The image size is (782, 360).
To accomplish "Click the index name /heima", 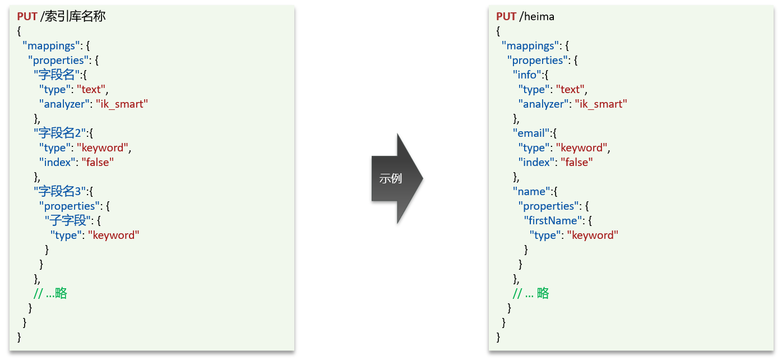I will (537, 16).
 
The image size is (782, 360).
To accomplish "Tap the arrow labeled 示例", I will (395, 178).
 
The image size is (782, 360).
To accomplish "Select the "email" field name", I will (532, 133).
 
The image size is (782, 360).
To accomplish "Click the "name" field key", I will (532, 191).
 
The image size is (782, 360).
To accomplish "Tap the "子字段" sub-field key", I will (68, 220).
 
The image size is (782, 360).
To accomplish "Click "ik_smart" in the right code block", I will (601, 104).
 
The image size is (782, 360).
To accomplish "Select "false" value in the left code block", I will (98, 162).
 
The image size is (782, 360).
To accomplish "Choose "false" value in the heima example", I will (577, 162).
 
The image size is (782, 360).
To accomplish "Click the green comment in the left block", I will (50, 293).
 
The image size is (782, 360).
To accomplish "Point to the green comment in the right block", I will (531, 293).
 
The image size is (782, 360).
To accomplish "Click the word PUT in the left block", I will (27, 16).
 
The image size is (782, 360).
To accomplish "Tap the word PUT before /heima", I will (506, 16).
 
